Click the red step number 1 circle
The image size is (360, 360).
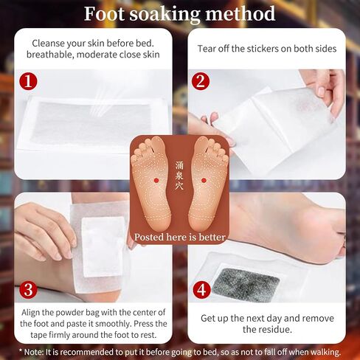(x=28, y=81)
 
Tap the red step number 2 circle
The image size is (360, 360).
(x=201, y=81)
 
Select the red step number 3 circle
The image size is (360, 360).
(x=28, y=289)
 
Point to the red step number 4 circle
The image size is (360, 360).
(x=201, y=289)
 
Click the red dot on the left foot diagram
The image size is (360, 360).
(x=156, y=181)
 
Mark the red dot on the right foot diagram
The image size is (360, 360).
(x=204, y=181)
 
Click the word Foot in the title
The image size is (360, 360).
(x=104, y=14)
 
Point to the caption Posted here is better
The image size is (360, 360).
(x=180, y=238)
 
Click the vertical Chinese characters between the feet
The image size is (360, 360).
(x=179, y=176)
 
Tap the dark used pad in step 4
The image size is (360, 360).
(x=246, y=285)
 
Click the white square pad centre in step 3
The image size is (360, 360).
(x=103, y=247)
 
